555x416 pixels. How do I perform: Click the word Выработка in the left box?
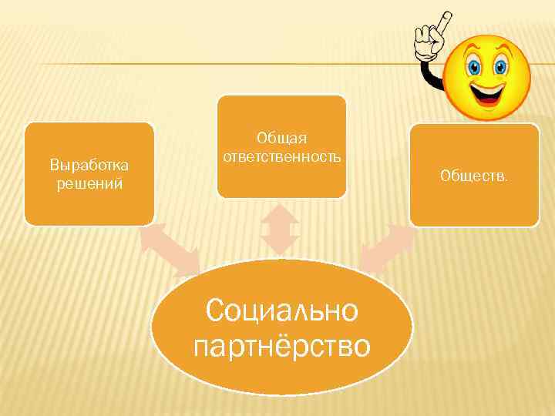click(x=89, y=165)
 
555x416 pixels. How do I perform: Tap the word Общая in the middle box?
click(x=281, y=138)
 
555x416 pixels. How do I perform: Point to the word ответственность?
click(x=281, y=156)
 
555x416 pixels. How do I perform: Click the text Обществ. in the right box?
click(x=474, y=176)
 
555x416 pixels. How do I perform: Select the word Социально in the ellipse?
click(x=282, y=311)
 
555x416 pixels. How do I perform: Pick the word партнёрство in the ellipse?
click(x=282, y=345)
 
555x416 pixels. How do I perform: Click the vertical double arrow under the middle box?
click(x=279, y=229)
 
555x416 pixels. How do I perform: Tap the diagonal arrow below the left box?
click(x=169, y=249)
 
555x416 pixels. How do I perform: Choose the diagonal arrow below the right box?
click(x=387, y=248)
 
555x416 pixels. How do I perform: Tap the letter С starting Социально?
click(x=215, y=311)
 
